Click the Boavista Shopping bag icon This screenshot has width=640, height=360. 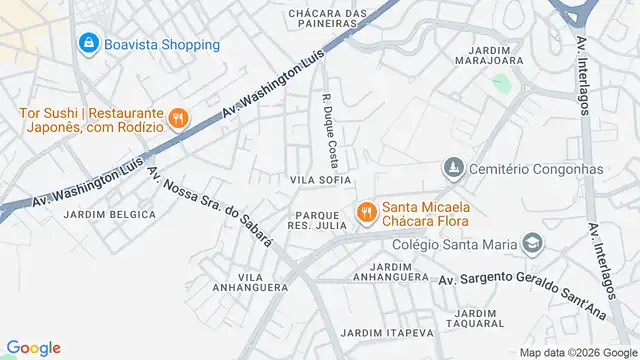[x=89, y=44]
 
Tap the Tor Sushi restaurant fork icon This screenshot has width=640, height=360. [x=178, y=119]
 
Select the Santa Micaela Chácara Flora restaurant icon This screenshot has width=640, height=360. [x=366, y=212]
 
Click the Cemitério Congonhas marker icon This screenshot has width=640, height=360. [x=454, y=168]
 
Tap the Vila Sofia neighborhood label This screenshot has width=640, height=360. [x=320, y=180]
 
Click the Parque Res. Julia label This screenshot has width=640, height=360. [x=321, y=222]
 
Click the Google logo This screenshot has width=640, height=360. [x=33, y=348]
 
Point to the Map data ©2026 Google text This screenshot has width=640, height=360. [x=577, y=352]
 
